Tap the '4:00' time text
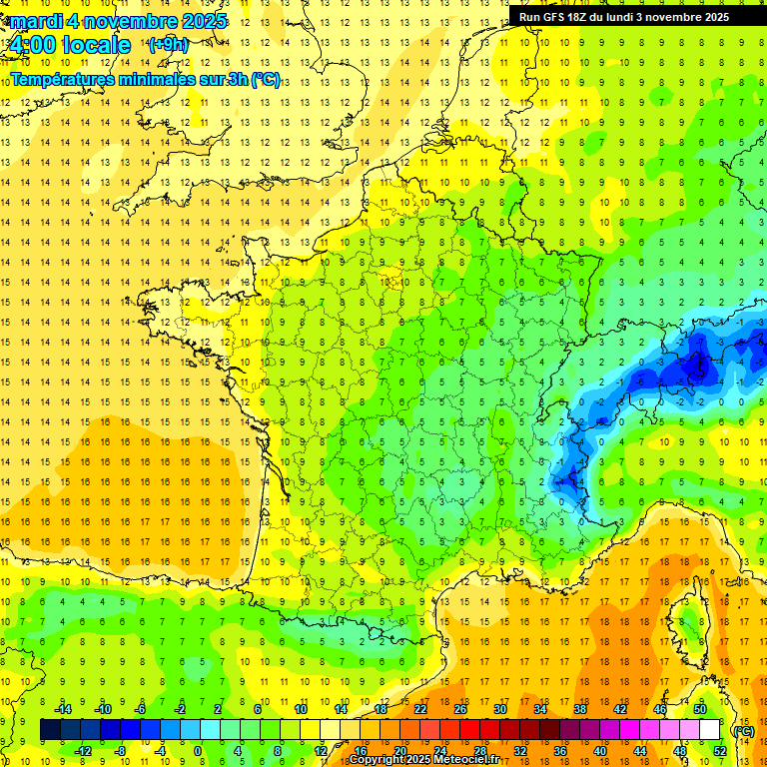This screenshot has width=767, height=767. coord(31,45)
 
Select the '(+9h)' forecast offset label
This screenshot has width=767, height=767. coord(167,44)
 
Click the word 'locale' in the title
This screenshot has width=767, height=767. coord(96,45)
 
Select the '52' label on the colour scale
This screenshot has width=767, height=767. coord(719,751)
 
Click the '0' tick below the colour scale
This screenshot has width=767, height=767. coord(198,751)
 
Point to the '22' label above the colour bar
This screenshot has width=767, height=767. coord(420,709)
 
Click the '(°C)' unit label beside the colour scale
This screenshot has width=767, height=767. coord(743,730)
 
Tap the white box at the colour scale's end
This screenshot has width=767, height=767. coord(710,730)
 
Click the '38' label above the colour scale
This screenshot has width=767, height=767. coord(580,709)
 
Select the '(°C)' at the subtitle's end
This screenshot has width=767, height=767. coord(265,79)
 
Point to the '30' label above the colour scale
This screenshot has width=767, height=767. coord(500,709)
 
